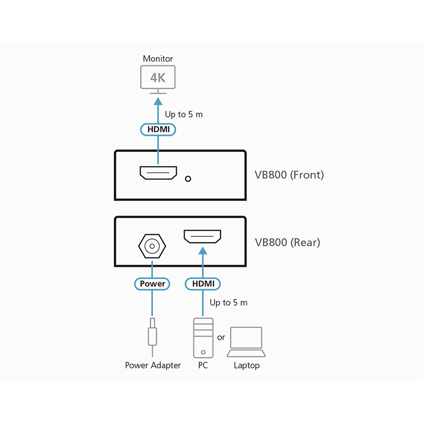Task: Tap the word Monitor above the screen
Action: click(x=158, y=59)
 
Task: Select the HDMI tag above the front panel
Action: click(x=158, y=129)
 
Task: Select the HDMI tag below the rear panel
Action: click(x=203, y=284)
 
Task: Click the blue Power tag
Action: click(x=152, y=284)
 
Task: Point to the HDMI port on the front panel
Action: click(x=158, y=173)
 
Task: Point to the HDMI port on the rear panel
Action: click(x=203, y=236)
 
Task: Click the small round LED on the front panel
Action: click(x=187, y=179)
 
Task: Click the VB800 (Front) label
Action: click(x=289, y=174)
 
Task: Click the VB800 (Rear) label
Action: click(x=287, y=243)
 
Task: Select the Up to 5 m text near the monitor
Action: click(x=183, y=114)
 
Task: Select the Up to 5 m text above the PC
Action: click(x=228, y=303)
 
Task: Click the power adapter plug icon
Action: click(x=152, y=335)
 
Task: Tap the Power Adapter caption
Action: click(x=153, y=365)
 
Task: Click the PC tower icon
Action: click(x=203, y=337)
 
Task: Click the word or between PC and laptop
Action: click(x=221, y=337)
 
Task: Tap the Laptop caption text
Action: click(x=246, y=365)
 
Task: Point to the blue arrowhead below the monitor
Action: click(x=158, y=100)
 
